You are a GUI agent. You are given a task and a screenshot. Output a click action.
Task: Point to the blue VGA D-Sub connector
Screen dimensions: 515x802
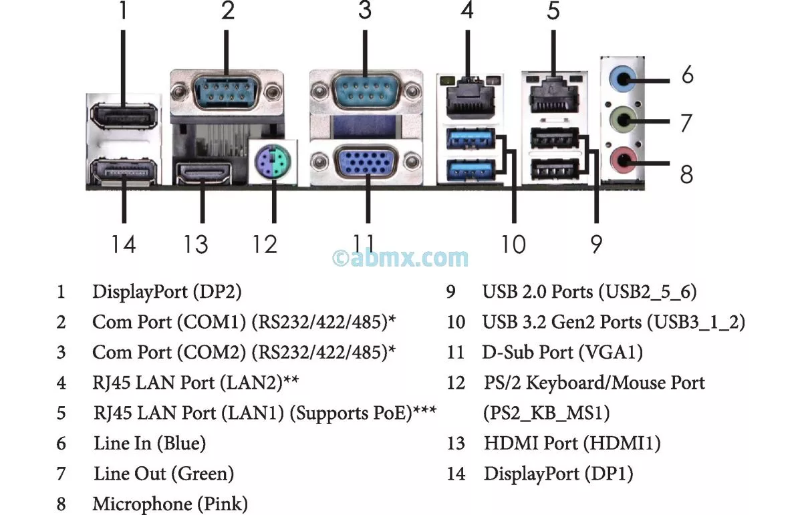click(x=366, y=162)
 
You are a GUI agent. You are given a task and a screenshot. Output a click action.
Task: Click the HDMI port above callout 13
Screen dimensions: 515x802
click(x=203, y=174)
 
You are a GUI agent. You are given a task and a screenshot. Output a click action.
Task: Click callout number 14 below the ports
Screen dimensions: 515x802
click(x=124, y=244)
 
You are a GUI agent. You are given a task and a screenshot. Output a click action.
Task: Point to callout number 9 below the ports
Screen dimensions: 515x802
click(x=596, y=244)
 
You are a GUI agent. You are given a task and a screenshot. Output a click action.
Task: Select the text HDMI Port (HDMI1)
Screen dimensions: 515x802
click(x=571, y=443)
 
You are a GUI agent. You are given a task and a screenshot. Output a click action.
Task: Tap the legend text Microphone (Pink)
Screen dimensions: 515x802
click(x=170, y=504)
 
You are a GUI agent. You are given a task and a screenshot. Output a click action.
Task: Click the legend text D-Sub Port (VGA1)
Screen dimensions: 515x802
click(x=562, y=352)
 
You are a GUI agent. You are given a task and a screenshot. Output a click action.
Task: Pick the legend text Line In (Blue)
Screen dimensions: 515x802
click(x=150, y=443)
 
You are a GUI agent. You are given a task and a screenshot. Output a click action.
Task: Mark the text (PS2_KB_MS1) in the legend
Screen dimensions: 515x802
click(x=546, y=412)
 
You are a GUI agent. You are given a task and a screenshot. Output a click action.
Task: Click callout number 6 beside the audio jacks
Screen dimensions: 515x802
click(x=687, y=74)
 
